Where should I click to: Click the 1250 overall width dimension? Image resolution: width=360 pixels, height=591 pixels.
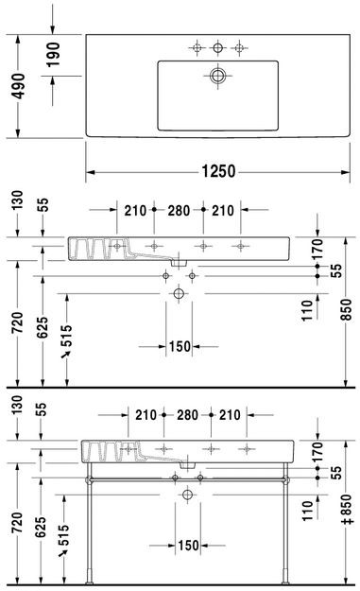pos(216,172)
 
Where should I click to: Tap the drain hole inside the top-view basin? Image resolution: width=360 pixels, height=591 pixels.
pos(219,75)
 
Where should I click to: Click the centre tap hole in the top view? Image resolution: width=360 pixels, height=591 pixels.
pos(219,46)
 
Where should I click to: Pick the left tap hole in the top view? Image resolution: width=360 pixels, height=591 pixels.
pos(197,46)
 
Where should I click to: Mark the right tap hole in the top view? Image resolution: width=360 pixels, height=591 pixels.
pos(242,46)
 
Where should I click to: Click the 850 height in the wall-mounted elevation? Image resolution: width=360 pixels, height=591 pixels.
pos(346,308)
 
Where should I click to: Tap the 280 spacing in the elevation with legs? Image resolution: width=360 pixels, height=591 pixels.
pos(184,414)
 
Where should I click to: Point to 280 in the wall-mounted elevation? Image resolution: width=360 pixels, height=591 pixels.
pos(179,210)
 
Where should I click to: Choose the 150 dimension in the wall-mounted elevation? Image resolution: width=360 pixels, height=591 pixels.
pos(180,346)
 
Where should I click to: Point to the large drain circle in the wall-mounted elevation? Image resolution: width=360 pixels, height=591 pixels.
pos(180,295)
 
